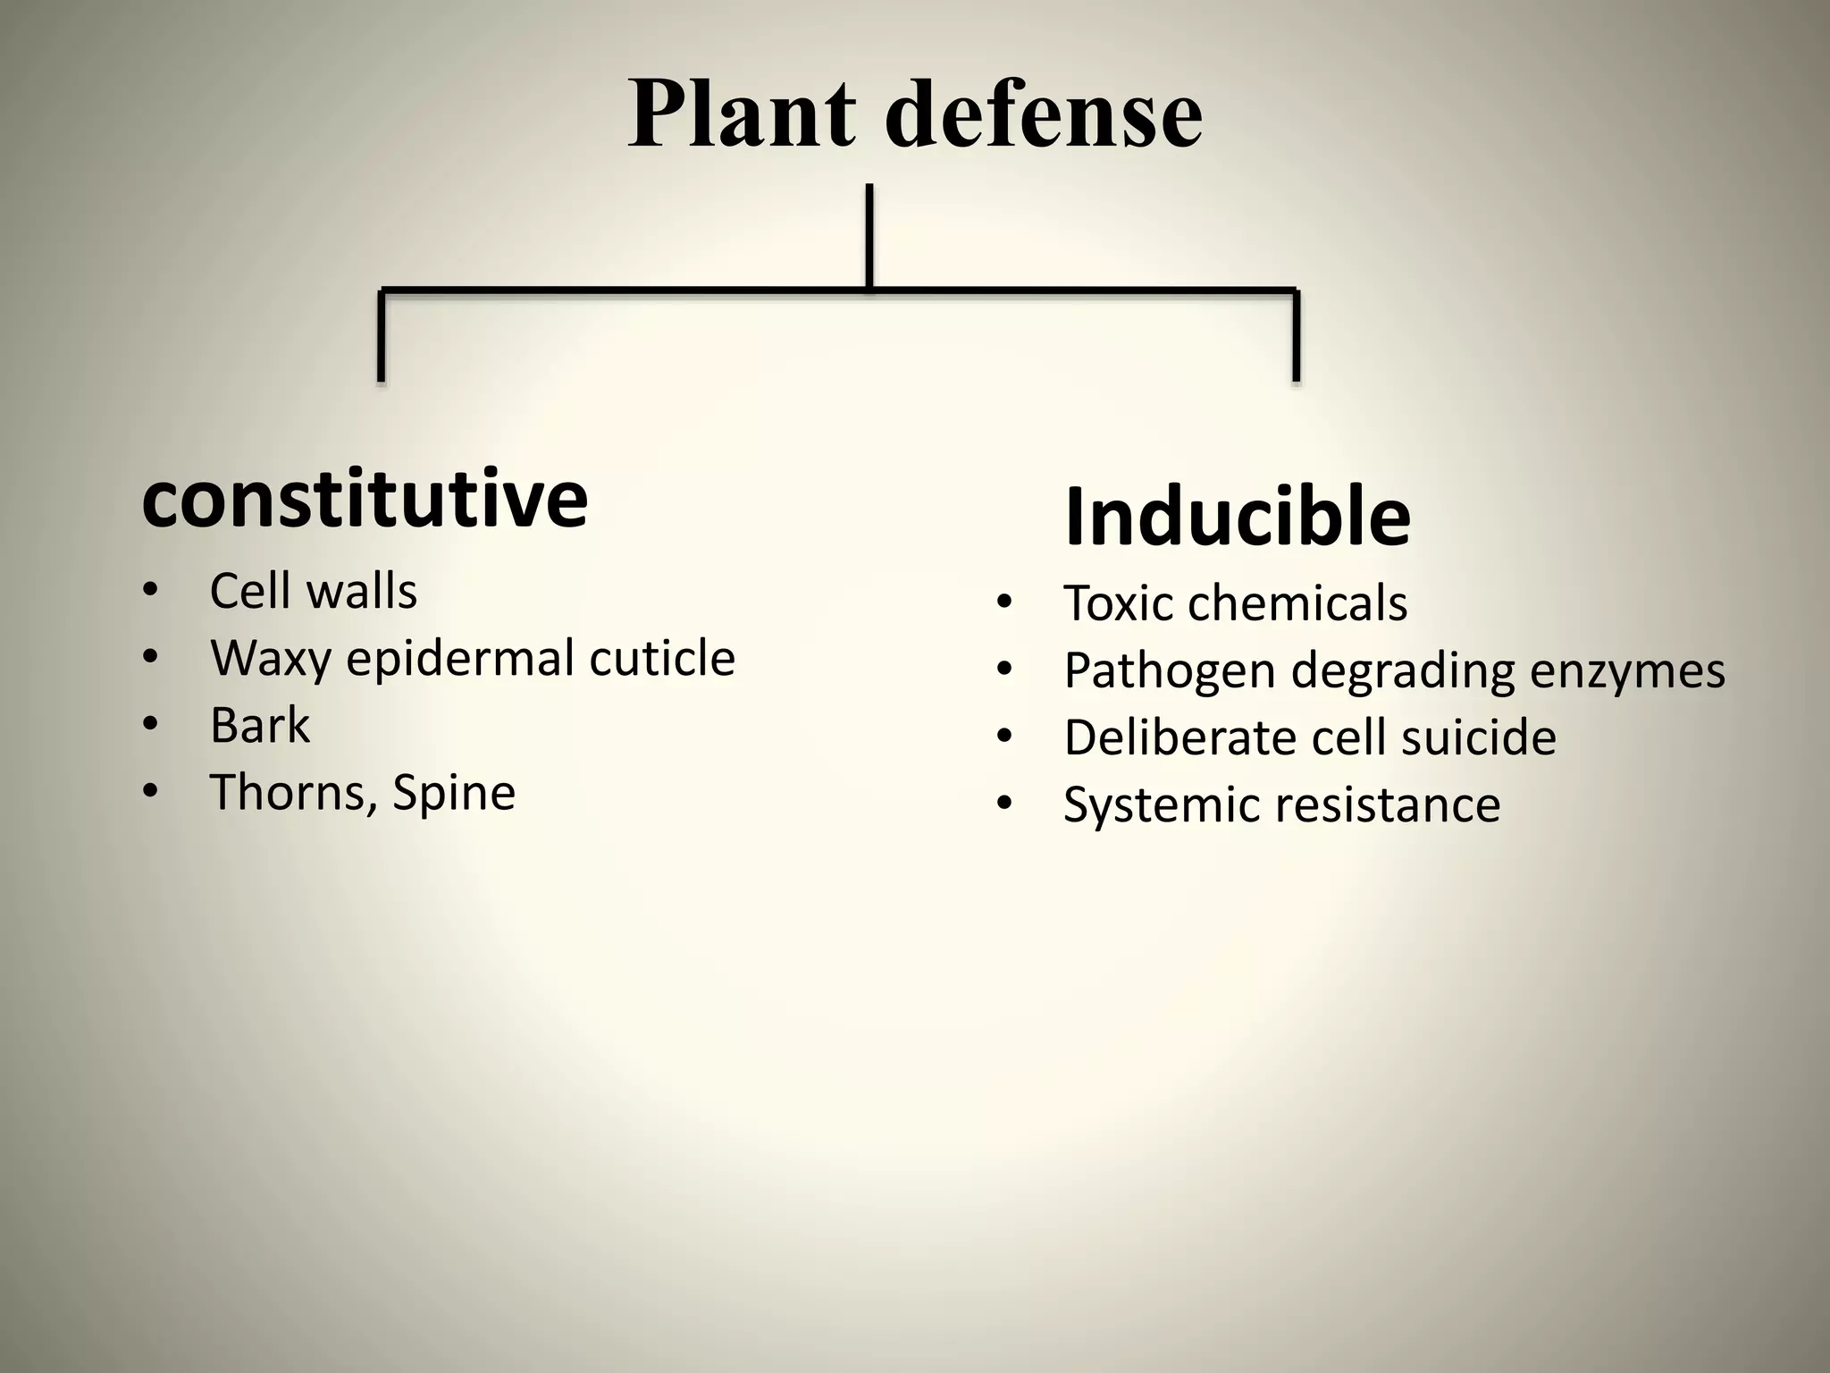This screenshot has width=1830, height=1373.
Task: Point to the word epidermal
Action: click(459, 659)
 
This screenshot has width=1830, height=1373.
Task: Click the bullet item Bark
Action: click(259, 725)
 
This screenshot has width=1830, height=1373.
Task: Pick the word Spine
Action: click(454, 793)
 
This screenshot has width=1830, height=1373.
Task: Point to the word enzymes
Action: click(1627, 671)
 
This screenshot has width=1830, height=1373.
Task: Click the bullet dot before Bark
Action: click(149, 726)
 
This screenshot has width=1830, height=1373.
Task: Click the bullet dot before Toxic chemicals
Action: click(1004, 604)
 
